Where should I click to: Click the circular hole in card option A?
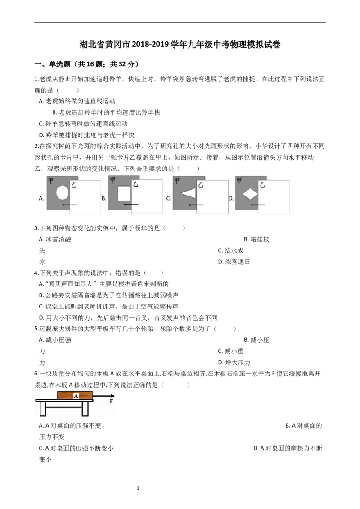coord(63,192)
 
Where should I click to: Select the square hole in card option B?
coord(124,193)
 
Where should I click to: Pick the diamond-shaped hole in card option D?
coord(250,194)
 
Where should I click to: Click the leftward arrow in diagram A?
coord(70,205)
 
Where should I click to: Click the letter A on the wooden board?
coord(76,396)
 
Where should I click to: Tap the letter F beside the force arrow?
coord(112,401)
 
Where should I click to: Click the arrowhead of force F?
coord(112,396)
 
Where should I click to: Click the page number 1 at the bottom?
coord(138,488)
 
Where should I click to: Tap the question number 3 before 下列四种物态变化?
coord(36,228)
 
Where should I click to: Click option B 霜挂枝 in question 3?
coord(256,239)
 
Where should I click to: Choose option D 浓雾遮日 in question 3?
coord(234,262)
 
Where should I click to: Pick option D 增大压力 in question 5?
coord(234,362)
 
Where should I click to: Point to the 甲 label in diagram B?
coord(112,180)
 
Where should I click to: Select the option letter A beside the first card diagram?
coord(41,198)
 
